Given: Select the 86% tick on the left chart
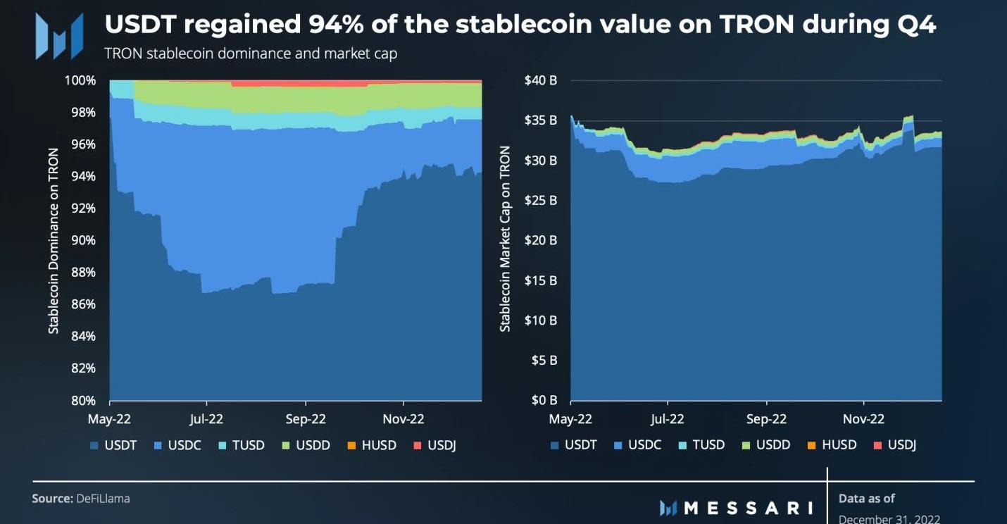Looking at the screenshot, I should click(84, 304).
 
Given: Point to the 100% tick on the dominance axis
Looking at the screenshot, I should click(82, 80).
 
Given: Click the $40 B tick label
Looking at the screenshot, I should click(541, 80).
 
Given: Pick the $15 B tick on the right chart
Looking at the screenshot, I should click(541, 280).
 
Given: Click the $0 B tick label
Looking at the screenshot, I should click(544, 401).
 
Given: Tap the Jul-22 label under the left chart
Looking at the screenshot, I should click(206, 419).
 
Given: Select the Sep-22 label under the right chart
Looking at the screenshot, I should click(766, 419).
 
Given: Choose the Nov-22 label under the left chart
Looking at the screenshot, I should click(404, 419).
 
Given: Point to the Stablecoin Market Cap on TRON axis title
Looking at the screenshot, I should click(504, 239).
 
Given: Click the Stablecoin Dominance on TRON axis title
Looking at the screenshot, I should click(54, 239).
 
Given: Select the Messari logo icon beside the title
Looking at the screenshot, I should click(60, 35).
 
